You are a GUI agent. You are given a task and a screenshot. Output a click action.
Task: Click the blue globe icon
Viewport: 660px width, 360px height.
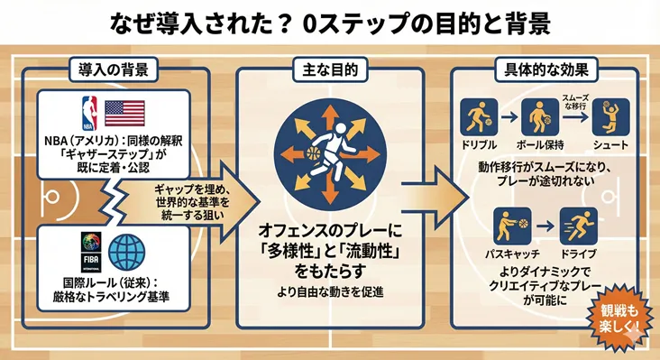[126, 253]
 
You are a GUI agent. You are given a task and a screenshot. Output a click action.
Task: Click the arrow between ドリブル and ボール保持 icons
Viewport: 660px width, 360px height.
[506, 116]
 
